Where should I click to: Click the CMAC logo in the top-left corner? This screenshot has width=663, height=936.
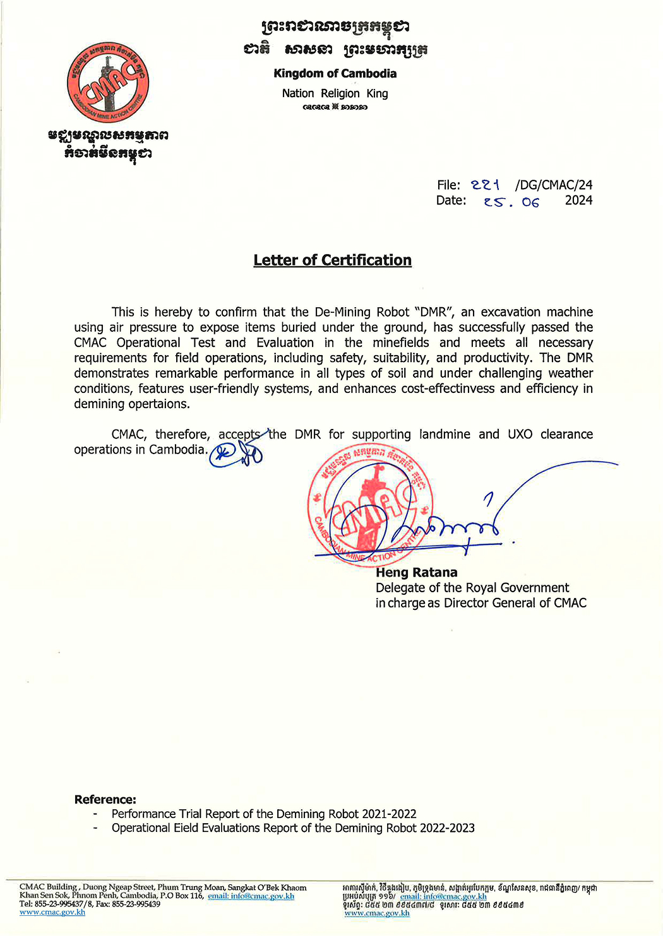point(108,83)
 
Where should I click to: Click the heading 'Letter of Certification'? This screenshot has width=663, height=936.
point(332,260)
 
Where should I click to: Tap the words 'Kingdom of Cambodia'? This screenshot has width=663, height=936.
point(335,73)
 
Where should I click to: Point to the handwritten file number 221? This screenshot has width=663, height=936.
point(485,185)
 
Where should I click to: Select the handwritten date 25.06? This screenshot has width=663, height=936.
point(511,202)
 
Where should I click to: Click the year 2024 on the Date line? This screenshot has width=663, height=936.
point(578,201)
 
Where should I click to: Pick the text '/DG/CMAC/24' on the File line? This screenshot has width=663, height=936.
point(554,185)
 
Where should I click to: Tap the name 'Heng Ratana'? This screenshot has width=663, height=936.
point(416,573)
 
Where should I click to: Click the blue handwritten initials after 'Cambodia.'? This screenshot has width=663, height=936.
point(236,453)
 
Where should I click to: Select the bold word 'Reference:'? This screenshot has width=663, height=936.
point(105,799)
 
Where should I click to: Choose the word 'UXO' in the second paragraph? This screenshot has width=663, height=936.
point(520,434)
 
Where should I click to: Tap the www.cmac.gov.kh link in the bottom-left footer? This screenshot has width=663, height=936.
point(52,912)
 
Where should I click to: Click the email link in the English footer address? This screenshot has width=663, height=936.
point(251,896)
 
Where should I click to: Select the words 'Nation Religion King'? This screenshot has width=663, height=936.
point(335,93)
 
